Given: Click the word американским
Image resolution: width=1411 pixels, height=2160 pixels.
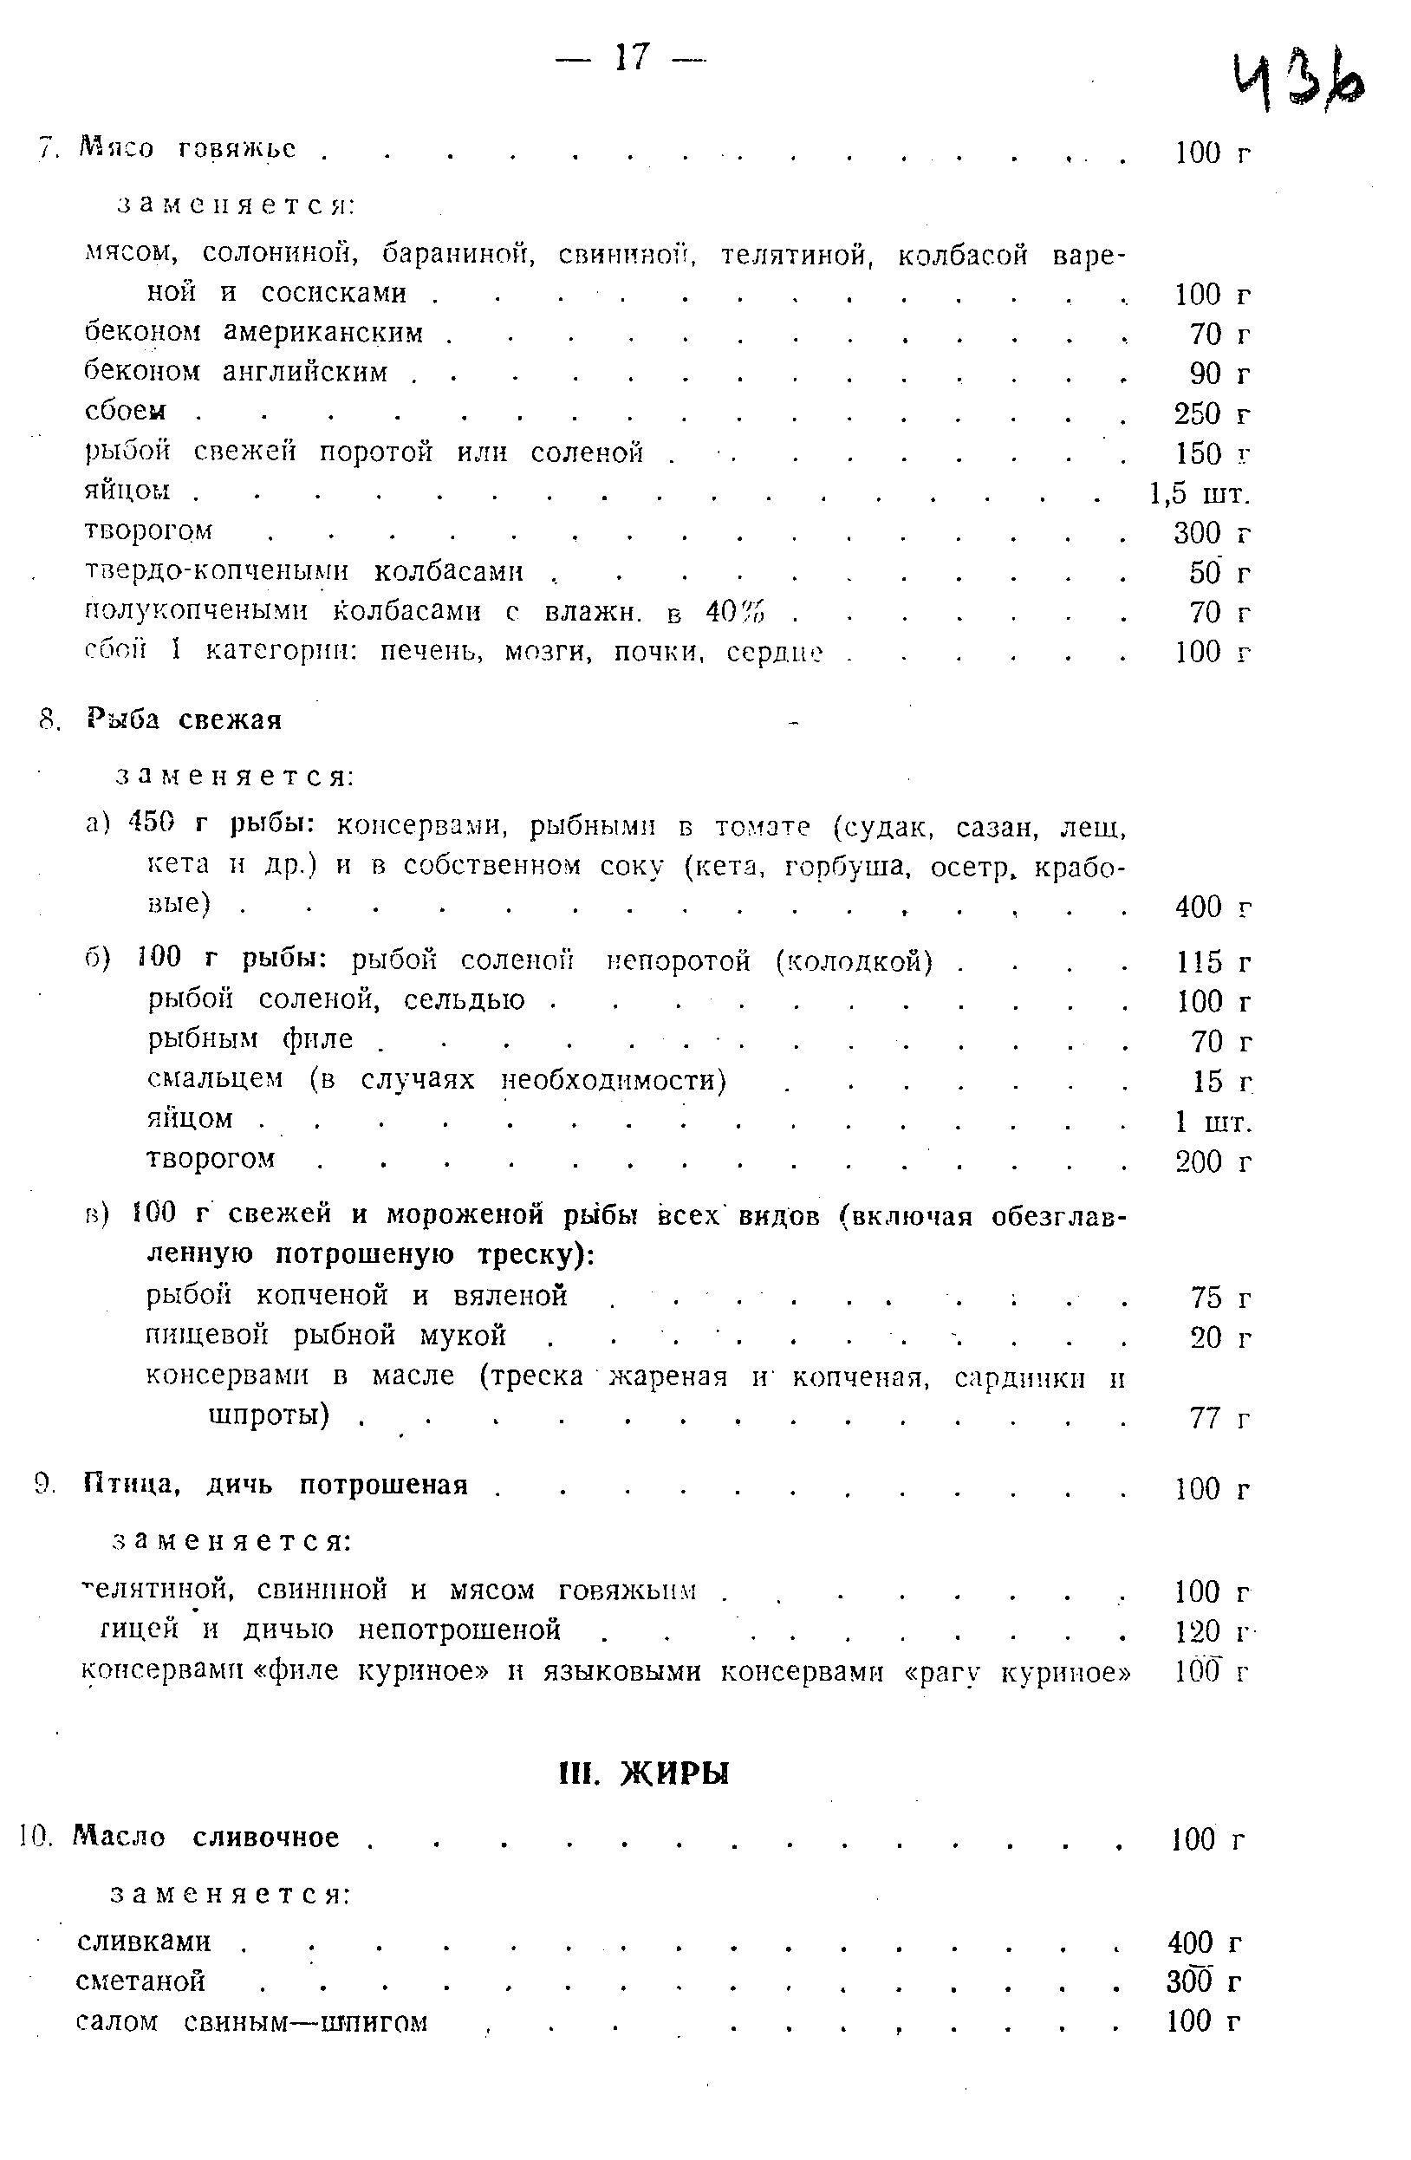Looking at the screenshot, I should pos(323,333).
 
